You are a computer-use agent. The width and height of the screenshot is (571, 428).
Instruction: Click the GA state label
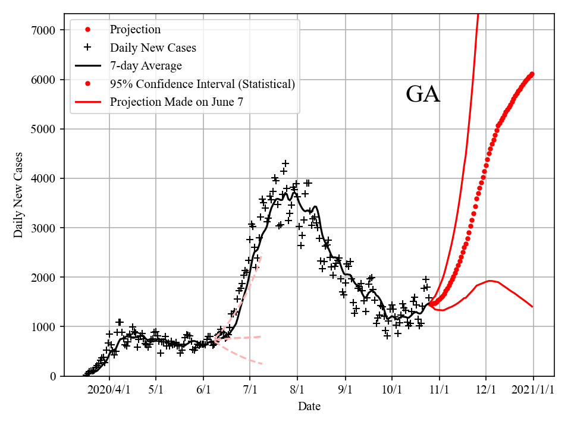point(423,95)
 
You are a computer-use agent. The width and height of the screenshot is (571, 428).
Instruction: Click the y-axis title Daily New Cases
point(18,195)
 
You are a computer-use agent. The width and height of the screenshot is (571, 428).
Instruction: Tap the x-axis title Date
point(309,407)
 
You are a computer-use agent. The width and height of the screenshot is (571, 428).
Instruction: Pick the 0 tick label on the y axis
point(53,376)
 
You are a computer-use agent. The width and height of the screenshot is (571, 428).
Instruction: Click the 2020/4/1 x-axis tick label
point(109,390)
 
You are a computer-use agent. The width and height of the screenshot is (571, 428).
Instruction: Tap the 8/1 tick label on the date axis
point(297,390)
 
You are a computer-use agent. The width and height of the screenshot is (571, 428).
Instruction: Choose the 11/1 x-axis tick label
point(439,390)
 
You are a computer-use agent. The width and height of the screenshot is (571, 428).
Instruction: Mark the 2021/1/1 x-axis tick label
point(533,390)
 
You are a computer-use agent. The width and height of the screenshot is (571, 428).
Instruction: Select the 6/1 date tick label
point(203,390)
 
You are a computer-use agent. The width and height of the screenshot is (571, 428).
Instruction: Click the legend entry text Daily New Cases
point(153,48)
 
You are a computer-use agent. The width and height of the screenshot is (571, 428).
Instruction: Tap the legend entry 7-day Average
point(146,66)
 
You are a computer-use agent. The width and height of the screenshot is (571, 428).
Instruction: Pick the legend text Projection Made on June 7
point(176,102)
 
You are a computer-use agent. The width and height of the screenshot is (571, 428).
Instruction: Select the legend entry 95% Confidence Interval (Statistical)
point(202,84)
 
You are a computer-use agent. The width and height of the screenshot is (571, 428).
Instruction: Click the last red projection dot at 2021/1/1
point(532,74)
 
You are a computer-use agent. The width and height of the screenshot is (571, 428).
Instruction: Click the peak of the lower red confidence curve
point(490,281)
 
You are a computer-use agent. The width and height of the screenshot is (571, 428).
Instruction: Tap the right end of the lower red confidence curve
point(532,307)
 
